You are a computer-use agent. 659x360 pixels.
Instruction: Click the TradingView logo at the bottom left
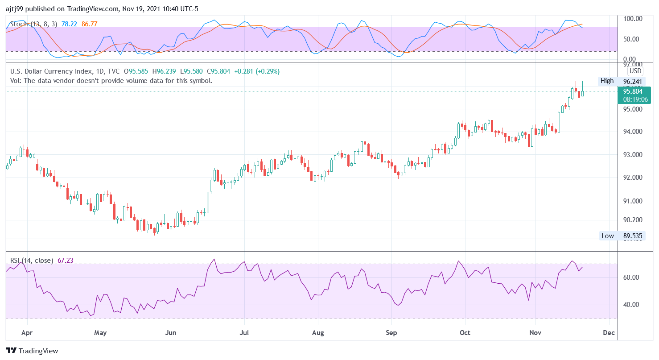[32, 351]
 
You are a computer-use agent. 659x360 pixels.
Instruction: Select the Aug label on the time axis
[317, 333]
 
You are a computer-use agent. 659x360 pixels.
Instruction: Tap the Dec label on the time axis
[609, 333]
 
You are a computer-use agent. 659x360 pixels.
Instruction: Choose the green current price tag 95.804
[633, 91]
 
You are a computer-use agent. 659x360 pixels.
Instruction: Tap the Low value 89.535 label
[632, 236]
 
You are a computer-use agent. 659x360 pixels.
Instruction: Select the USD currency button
[635, 71]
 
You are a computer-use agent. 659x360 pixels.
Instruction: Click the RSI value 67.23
[66, 261]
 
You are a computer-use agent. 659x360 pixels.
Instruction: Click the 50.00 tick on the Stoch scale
[632, 39]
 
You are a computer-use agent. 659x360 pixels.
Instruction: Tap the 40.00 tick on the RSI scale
[632, 305]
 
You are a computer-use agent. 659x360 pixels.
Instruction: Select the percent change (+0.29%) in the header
[268, 71]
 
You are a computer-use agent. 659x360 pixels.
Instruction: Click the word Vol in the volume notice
[16, 81]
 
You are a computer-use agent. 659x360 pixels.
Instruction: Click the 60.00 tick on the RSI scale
[632, 277]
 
